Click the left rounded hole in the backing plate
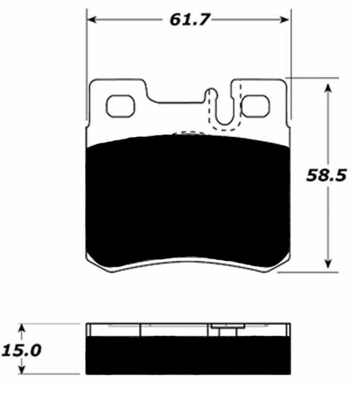120,106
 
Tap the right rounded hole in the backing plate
254,106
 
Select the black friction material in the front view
189,200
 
